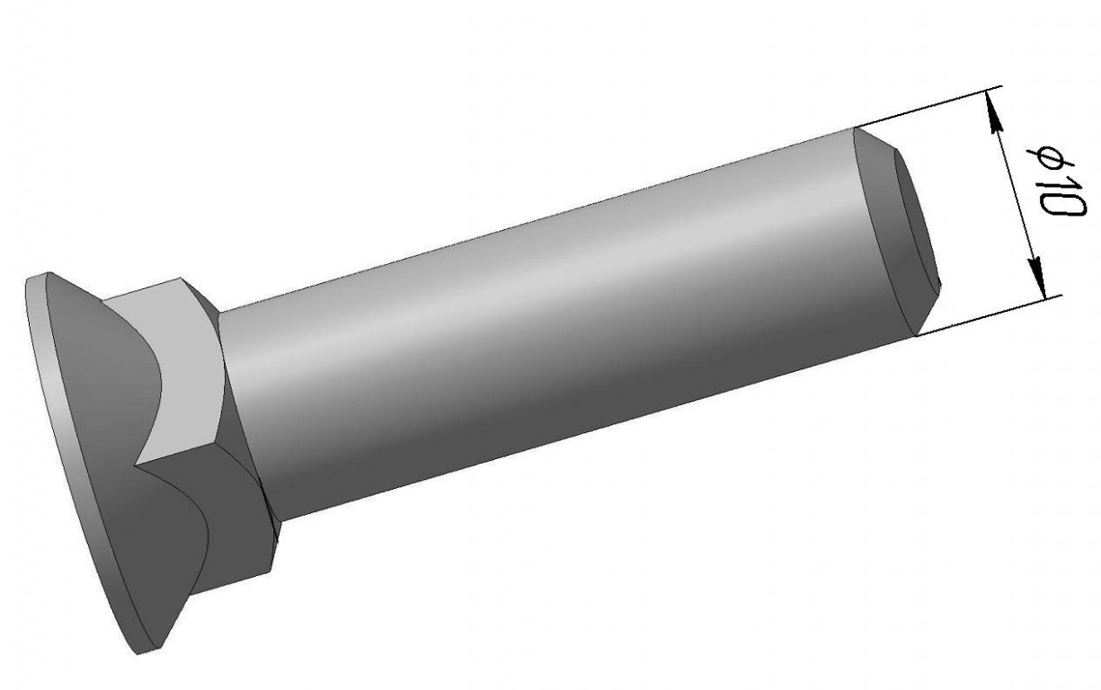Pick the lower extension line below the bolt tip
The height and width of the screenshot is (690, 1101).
(987, 315)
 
